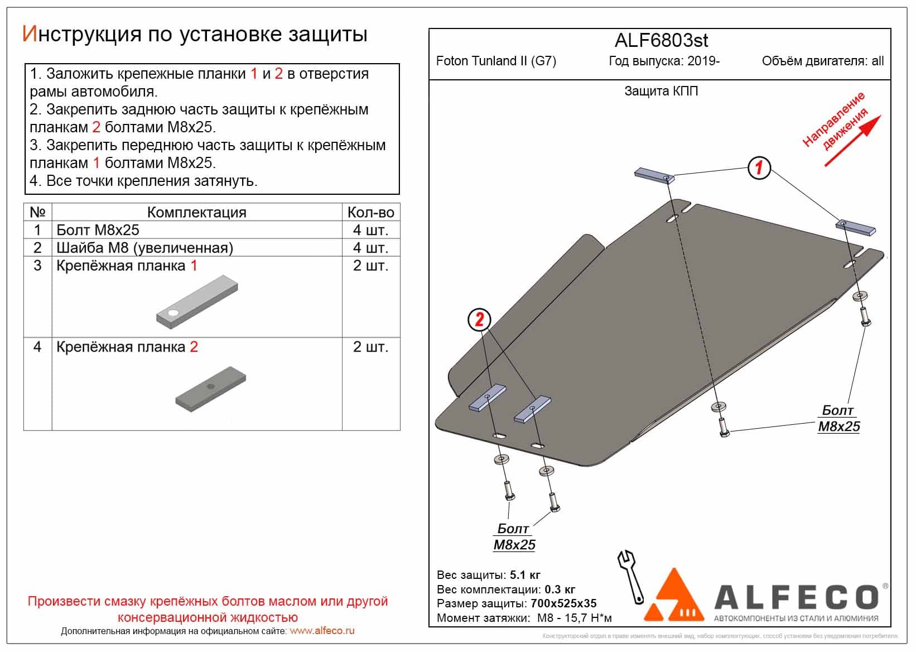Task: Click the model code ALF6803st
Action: coord(661,40)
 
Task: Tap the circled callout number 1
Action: coord(759,167)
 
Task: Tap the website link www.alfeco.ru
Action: coord(322,631)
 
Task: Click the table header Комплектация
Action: coord(196,212)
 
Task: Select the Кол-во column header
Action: coord(370,212)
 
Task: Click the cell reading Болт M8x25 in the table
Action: coord(98,230)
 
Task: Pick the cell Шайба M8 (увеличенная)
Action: coord(144,248)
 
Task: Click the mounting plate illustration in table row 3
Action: coord(197,302)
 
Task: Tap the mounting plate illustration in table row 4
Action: coord(211,389)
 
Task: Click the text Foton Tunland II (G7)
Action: coord(496,61)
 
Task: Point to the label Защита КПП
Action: coord(661,91)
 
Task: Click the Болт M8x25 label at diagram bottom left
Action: coord(514,536)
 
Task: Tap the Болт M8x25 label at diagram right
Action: coord(838,419)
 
